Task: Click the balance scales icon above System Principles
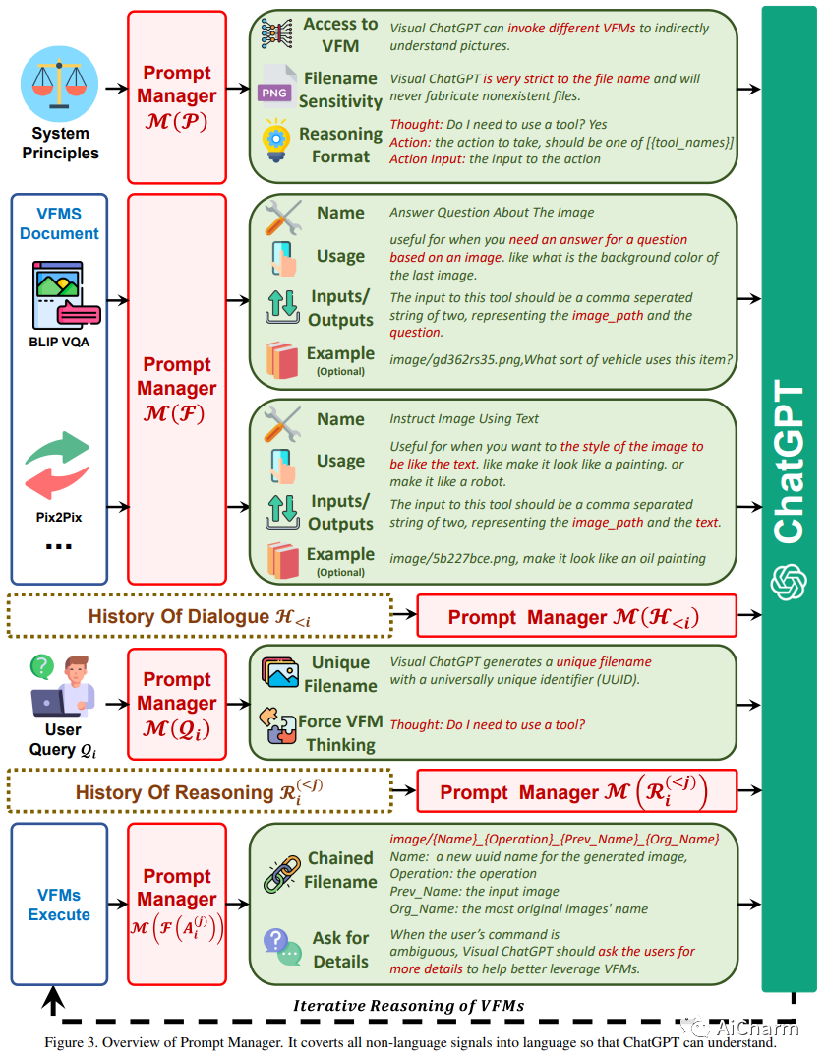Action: click(60, 84)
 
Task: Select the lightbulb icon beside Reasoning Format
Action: click(276, 140)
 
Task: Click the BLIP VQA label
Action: click(59, 343)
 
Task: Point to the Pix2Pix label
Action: click(59, 517)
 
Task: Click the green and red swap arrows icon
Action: click(57, 465)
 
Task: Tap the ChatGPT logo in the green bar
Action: click(789, 582)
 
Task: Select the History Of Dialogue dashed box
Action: click(200, 616)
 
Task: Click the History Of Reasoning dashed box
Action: click(200, 791)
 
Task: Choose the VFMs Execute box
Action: click(59, 905)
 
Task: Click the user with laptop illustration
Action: click(63, 685)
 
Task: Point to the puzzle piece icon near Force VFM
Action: click(277, 726)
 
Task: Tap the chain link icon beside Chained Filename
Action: click(282, 873)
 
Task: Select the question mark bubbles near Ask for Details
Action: click(282, 947)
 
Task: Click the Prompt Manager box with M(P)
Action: click(177, 97)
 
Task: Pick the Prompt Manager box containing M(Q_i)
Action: click(177, 704)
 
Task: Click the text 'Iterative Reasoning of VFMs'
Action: click(409, 1006)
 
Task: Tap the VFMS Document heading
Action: click(59, 223)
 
